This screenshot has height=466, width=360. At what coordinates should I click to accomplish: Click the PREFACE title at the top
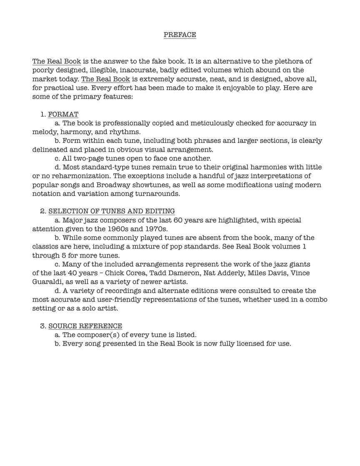pos(180,35)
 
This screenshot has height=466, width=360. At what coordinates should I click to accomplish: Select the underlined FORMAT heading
pos(63,114)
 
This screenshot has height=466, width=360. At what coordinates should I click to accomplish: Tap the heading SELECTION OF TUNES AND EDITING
pos(111,211)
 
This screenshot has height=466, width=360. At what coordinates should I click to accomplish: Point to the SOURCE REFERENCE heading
pos(85,326)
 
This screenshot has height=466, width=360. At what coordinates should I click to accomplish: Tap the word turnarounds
pos(158,194)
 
